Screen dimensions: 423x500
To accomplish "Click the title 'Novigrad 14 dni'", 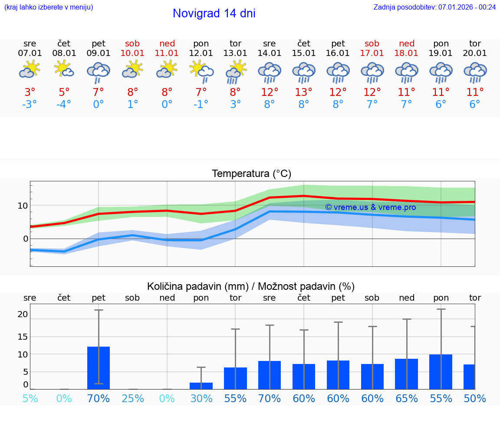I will pos(214,13).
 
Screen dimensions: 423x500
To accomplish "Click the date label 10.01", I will pos(133,53).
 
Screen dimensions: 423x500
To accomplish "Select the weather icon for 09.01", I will pos(99,72).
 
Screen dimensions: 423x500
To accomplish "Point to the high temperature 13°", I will pos(304,92).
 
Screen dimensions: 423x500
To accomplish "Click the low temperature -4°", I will pos(64,104).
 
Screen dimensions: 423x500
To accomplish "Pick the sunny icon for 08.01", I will pos(64,69).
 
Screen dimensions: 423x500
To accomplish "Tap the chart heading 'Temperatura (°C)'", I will pos(251,174).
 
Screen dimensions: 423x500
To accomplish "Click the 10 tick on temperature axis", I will pos(23,206).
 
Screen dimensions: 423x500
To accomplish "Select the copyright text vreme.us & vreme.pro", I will pos(370,207).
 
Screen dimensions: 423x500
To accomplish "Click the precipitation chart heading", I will pos(251,286).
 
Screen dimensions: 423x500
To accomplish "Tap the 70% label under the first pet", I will pos(99,398).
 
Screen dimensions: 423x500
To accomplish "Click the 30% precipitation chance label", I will pos(201,398).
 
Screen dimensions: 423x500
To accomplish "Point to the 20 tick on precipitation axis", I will pos(23,314).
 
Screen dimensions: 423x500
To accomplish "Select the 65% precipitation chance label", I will pos(407,398).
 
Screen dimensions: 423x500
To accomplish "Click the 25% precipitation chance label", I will pos(133,398).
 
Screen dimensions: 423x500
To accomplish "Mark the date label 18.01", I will pos(407,53).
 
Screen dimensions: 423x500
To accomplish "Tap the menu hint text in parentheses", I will pos(49,7).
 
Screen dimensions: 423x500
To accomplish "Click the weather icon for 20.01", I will pos(475,72).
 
